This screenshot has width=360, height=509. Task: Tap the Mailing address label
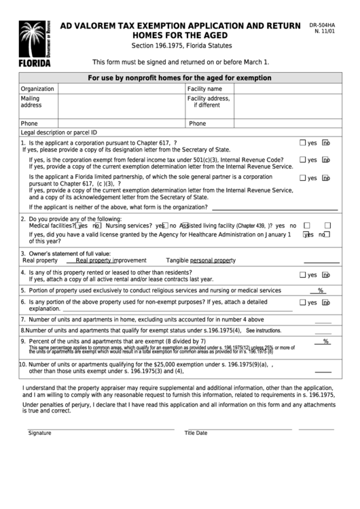31,102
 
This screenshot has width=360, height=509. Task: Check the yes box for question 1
303,143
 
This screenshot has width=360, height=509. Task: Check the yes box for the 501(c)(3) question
303,160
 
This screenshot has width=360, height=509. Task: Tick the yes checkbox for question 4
303,275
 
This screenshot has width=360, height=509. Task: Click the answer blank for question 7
323,320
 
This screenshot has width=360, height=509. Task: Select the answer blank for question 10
323,371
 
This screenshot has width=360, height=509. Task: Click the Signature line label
39,433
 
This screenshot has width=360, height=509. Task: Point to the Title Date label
196,433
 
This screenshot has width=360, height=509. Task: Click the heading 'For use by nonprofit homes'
179,78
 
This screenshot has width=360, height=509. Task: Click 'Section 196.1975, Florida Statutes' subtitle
181,46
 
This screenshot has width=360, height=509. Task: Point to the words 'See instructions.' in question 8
264,330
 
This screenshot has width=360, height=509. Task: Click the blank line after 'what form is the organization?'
274,208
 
